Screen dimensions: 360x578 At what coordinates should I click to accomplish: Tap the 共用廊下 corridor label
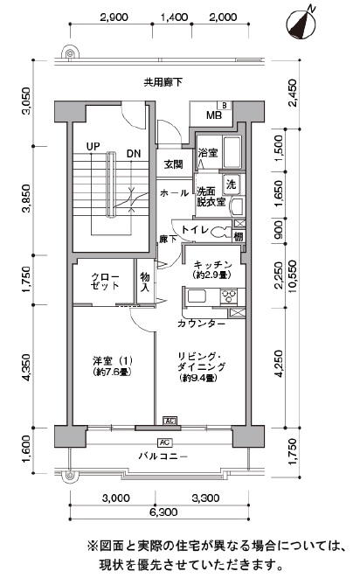163,82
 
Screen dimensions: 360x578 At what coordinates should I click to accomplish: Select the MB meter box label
214,115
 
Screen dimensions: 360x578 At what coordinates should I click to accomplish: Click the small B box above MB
225,106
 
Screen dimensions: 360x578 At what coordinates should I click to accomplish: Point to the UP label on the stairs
93,146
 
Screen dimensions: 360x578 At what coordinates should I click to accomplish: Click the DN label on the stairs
134,153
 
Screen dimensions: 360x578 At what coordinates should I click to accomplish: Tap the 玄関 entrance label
173,164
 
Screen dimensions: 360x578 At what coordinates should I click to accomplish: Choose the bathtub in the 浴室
232,152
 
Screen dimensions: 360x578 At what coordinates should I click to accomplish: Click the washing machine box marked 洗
231,184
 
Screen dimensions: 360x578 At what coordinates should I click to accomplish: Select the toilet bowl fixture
221,231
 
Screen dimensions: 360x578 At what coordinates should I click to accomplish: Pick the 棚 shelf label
239,236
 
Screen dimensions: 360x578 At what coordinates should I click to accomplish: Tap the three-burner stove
229,296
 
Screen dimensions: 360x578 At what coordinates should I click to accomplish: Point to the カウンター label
201,324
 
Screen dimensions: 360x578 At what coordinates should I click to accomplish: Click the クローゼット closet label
105,281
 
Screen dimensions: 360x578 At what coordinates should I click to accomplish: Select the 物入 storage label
145,282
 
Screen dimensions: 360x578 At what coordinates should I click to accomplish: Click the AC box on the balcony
164,442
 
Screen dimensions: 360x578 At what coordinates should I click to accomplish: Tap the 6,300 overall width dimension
158,512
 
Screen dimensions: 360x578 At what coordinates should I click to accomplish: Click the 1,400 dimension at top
174,17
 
